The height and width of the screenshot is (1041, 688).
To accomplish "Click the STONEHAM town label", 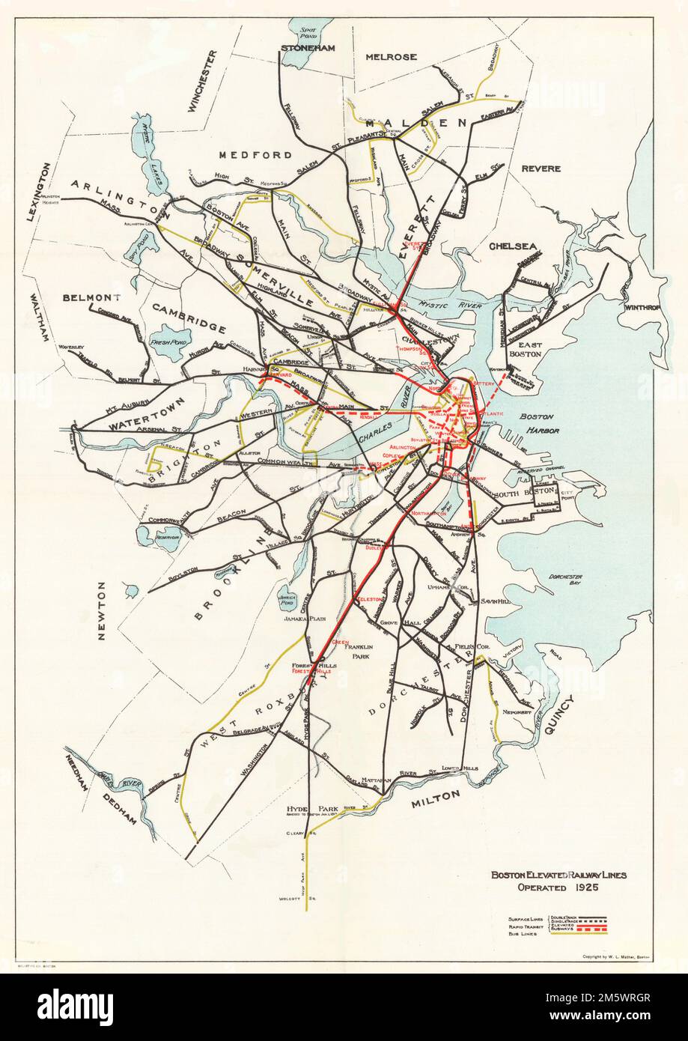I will point(307,48).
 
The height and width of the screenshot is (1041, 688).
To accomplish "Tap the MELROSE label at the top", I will point(390,57).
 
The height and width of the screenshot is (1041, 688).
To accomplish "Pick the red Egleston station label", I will point(370,599).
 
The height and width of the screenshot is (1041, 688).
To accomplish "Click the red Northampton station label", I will point(428,513).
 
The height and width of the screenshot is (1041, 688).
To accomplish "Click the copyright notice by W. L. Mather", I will point(618,958).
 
